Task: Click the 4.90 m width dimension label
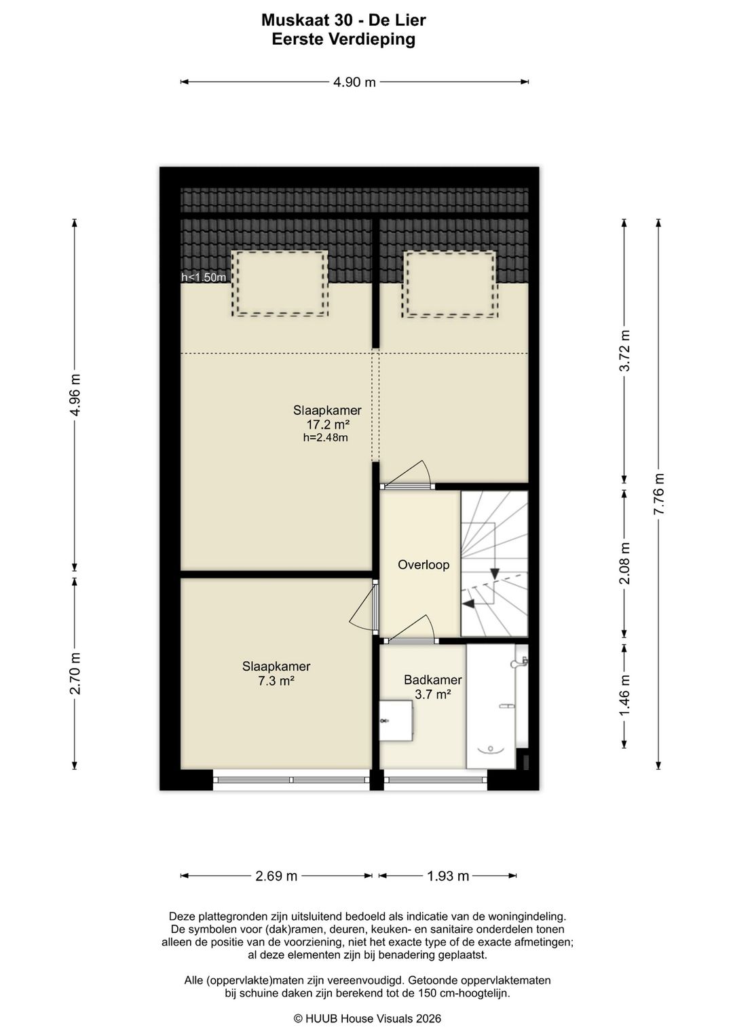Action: pos(354,82)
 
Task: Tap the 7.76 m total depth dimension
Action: pos(659,494)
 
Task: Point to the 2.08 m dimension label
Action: pos(624,563)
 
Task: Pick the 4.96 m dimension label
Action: pos(75,395)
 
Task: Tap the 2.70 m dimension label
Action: pos(75,673)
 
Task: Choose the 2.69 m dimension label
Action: pos(276,876)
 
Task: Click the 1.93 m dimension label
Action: pos(448,876)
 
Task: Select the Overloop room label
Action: pos(424,565)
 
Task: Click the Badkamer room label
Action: pos(433,680)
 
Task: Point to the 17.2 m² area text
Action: pos(327,424)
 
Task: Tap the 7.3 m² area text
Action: pos(276,680)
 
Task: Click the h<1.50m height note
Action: pos(204,278)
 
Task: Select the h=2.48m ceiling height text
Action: pos(326,437)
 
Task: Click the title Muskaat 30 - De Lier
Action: pos(343,20)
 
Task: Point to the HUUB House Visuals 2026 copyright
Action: pos(368,1018)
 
